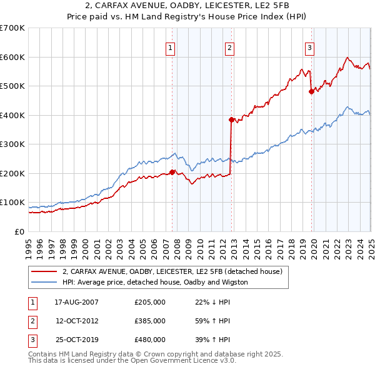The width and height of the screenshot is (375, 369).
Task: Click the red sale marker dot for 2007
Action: pos(172,172)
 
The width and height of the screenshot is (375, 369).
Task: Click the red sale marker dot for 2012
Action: pos(231,119)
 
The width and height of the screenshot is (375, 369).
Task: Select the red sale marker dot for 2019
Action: pos(311,92)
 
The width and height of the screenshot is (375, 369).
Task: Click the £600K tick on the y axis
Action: pos(12,57)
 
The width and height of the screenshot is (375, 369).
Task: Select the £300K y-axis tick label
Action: pos(12,144)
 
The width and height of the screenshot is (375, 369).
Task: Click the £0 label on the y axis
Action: pos(20,231)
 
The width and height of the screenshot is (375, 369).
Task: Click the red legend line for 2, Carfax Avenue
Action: pos(44,271)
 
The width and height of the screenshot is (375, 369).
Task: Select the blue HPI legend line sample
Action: pos(44,282)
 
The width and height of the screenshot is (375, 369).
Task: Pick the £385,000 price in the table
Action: pos(150,321)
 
